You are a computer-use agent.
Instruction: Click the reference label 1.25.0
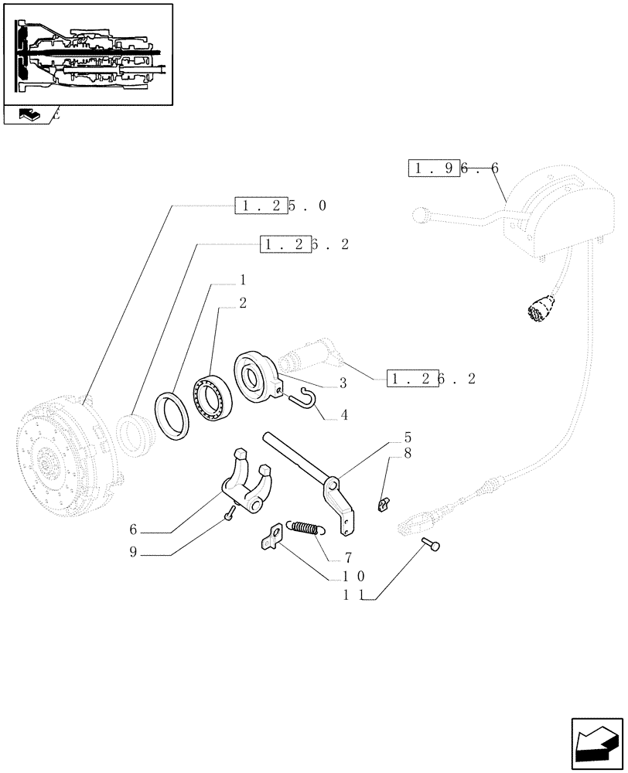tap(280, 206)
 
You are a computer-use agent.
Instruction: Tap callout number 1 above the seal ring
tap(242, 279)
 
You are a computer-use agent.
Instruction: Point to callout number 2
tap(242, 303)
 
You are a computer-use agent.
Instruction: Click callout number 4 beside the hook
tap(343, 415)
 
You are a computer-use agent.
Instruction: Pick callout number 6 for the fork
tap(133, 530)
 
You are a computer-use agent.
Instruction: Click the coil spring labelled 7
tap(305, 528)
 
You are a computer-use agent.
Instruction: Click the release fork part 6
tap(244, 479)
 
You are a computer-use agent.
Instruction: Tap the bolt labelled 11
tap(432, 547)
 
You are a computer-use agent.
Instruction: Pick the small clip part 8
tap(382, 504)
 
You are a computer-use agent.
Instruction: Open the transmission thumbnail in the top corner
tap(87, 54)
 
